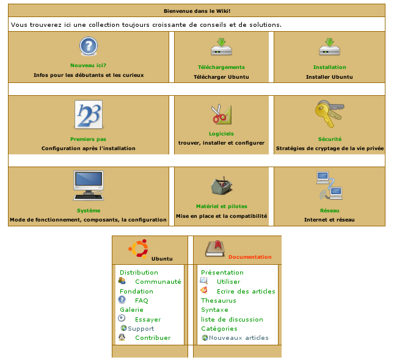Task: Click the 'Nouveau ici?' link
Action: (89, 65)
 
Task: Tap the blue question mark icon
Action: (89, 46)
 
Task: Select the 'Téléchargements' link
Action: (221, 67)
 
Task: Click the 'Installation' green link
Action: (329, 67)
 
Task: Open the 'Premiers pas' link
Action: (88, 139)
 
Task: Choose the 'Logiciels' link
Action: (221, 134)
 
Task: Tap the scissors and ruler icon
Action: (221, 113)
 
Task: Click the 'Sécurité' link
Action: (329, 139)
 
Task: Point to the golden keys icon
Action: (330, 114)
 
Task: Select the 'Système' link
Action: (89, 211)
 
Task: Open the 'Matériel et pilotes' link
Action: (221, 206)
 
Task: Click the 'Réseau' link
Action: (329, 211)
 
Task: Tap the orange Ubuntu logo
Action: (139, 248)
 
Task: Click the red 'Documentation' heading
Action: (250, 257)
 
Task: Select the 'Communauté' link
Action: (158, 282)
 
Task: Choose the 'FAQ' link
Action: (142, 301)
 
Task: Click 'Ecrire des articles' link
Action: (246, 292)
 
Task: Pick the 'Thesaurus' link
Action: (218, 301)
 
